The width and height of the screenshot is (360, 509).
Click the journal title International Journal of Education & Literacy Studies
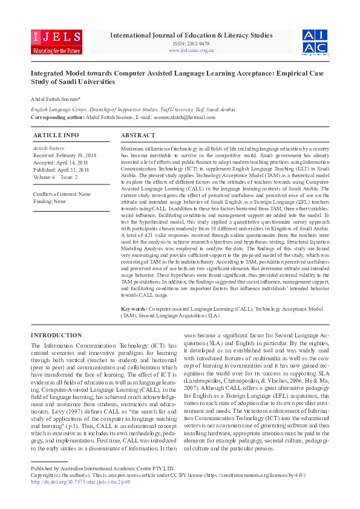191,35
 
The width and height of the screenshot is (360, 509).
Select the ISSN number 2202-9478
191,44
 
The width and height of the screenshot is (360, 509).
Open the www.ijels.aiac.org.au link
191,50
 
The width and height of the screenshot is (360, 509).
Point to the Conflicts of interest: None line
62,194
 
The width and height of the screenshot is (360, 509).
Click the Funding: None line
50,201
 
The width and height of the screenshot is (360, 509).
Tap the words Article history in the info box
48,148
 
